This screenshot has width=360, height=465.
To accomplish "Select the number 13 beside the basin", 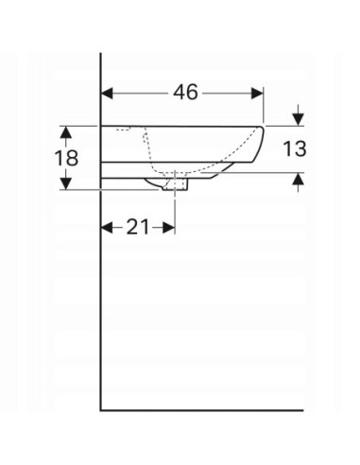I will click(x=296, y=148).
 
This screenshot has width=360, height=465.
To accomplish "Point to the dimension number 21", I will click(x=137, y=227).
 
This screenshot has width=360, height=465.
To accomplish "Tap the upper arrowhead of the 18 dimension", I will click(x=66, y=131).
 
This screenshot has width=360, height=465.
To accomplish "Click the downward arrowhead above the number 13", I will click(x=299, y=119).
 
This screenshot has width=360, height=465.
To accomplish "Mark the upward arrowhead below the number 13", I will click(x=299, y=179).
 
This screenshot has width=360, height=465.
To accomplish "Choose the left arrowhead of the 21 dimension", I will click(x=107, y=227).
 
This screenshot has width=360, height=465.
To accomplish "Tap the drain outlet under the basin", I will click(x=178, y=185).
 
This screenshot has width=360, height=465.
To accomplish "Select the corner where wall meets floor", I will click(x=101, y=410).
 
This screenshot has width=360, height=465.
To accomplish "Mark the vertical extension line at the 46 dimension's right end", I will click(x=264, y=104).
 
